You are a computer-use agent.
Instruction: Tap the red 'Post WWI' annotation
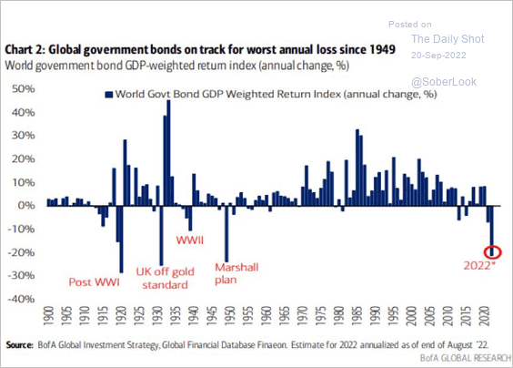[95, 282]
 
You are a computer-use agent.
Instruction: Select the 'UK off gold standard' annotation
[166, 278]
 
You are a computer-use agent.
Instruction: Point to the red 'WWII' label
[190, 240]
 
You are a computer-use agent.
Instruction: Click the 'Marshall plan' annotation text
[236, 273]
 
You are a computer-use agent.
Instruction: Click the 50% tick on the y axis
[23, 88]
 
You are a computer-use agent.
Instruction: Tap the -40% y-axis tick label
[21, 299]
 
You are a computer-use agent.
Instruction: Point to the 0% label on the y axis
[25, 206]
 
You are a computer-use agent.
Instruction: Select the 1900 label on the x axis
[48, 315]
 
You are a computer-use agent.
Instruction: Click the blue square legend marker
[108, 95]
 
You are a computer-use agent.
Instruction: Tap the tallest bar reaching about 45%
[168, 153]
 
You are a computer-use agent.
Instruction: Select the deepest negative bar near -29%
[121, 239]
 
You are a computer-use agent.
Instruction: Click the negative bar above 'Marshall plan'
[226, 234]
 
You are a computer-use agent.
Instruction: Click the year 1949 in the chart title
[383, 49]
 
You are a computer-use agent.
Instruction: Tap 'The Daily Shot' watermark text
[448, 38]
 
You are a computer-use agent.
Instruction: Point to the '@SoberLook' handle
[444, 82]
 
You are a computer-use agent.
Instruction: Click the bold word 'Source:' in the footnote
[19, 344]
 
